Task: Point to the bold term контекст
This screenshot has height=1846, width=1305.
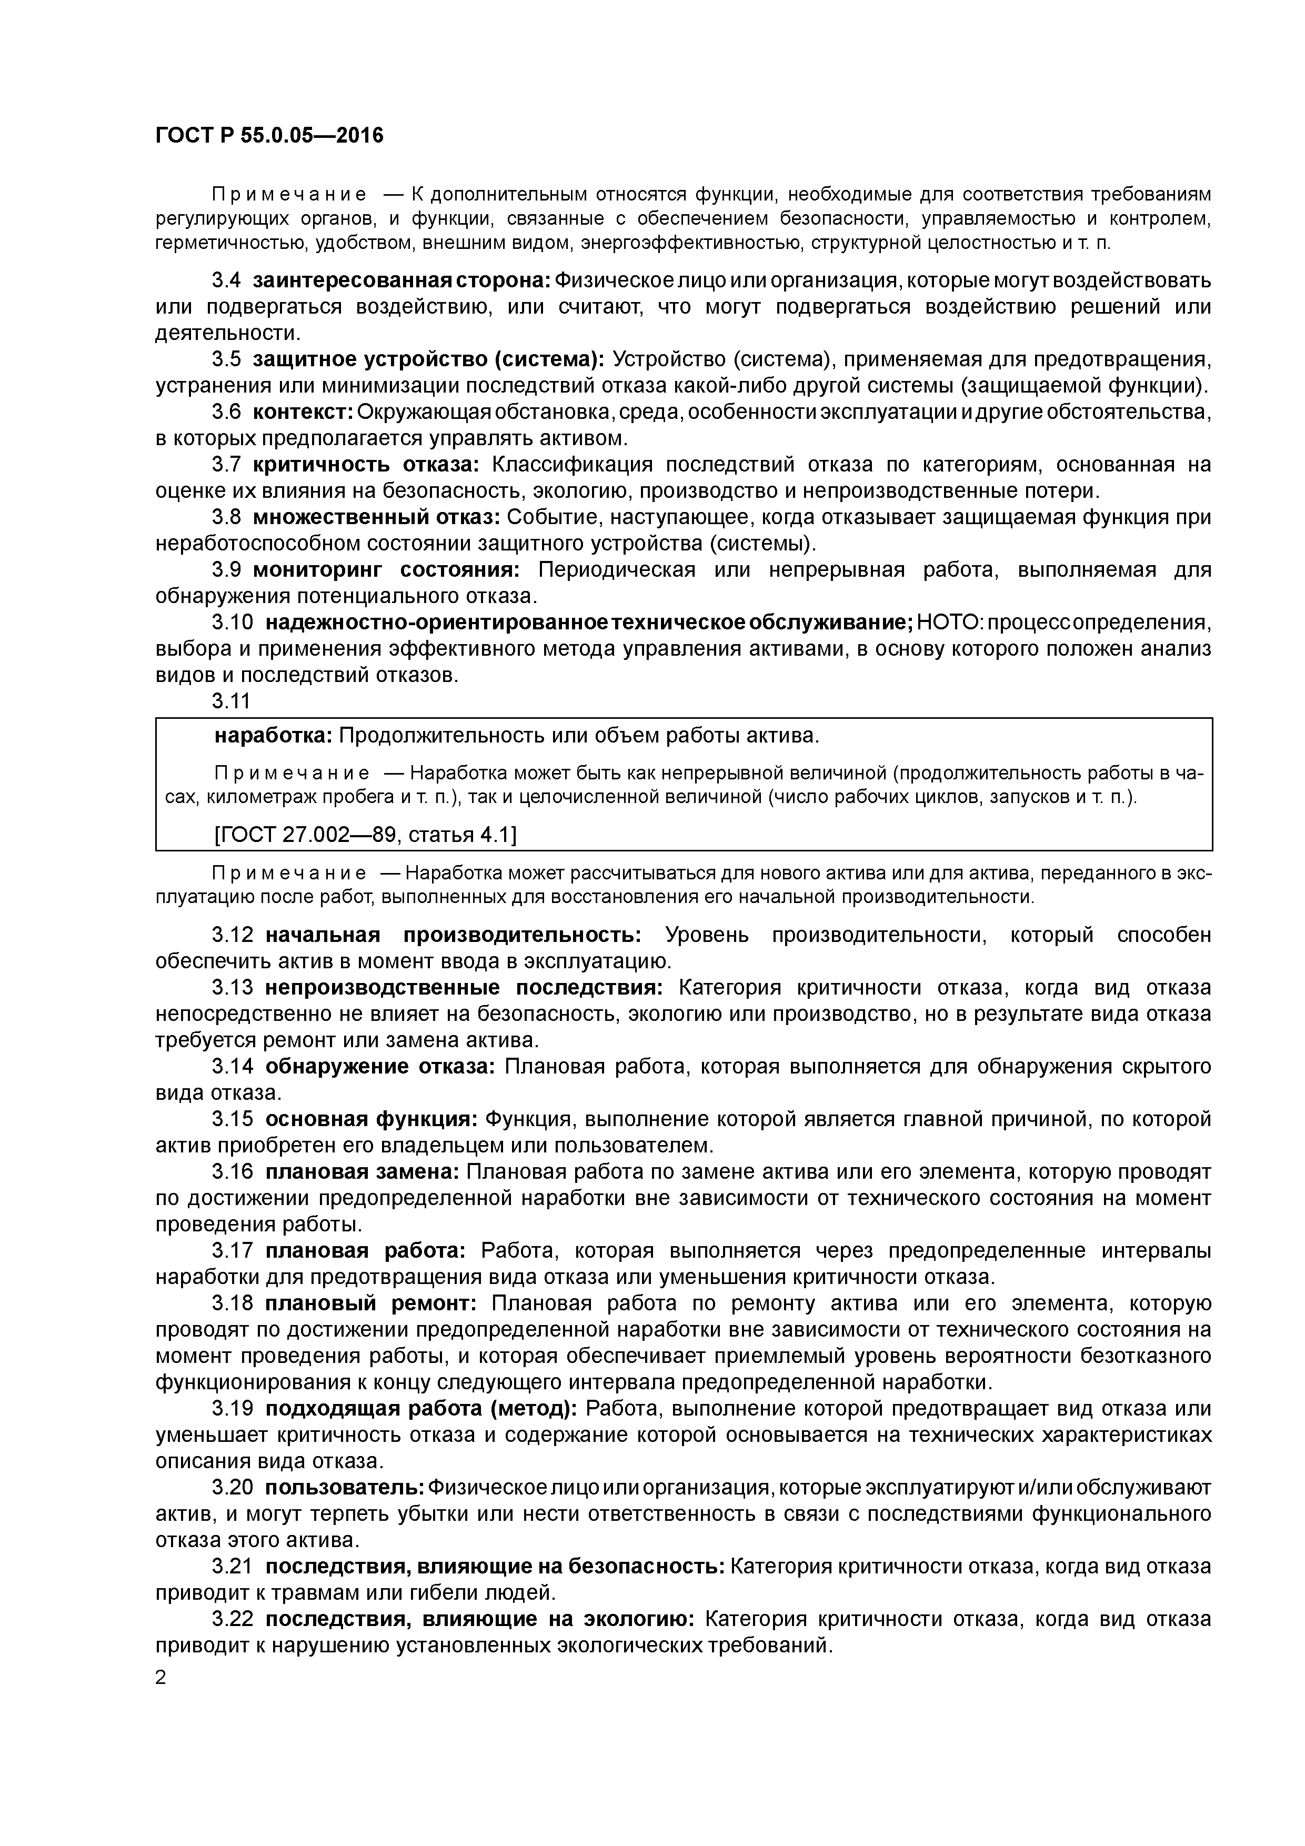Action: pos(303,413)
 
